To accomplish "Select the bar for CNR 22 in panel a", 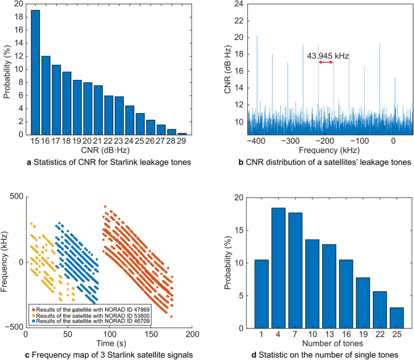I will [109, 115].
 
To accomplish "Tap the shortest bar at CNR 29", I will [182, 134].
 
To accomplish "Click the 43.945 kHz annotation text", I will [328, 56].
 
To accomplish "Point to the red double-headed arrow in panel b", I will [326, 62].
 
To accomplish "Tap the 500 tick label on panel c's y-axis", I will [15, 197].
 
